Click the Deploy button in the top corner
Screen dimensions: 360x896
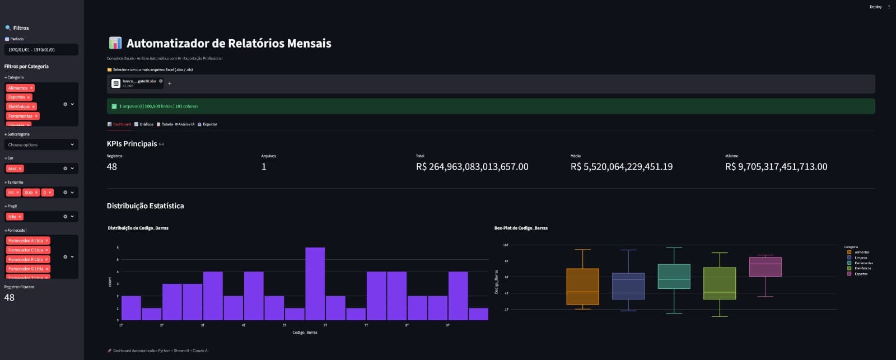(875, 7)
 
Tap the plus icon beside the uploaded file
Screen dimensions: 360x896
(170, 83)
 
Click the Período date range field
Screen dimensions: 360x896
(41, 50)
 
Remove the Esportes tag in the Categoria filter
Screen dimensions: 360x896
(29, 97)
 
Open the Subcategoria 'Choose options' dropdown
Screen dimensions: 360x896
(41, 144)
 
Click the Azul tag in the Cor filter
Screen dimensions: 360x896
(12, 169)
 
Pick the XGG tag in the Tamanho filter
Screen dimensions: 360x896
(29, 193)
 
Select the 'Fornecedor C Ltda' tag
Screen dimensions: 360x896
(26, 250)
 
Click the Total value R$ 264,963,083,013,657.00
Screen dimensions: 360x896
(472, 167)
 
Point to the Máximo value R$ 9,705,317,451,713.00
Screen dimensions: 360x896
(776, 167)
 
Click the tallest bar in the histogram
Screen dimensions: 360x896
(315, 283)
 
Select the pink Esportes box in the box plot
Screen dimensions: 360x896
(765, 267)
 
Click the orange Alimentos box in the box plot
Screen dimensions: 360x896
(582, 287)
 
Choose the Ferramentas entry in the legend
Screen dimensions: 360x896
(864, 263)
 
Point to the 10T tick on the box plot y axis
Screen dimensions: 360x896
(506, 245)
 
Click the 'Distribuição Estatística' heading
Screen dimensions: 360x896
(145, 206)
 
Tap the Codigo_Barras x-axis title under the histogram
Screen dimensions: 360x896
(305, 333)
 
